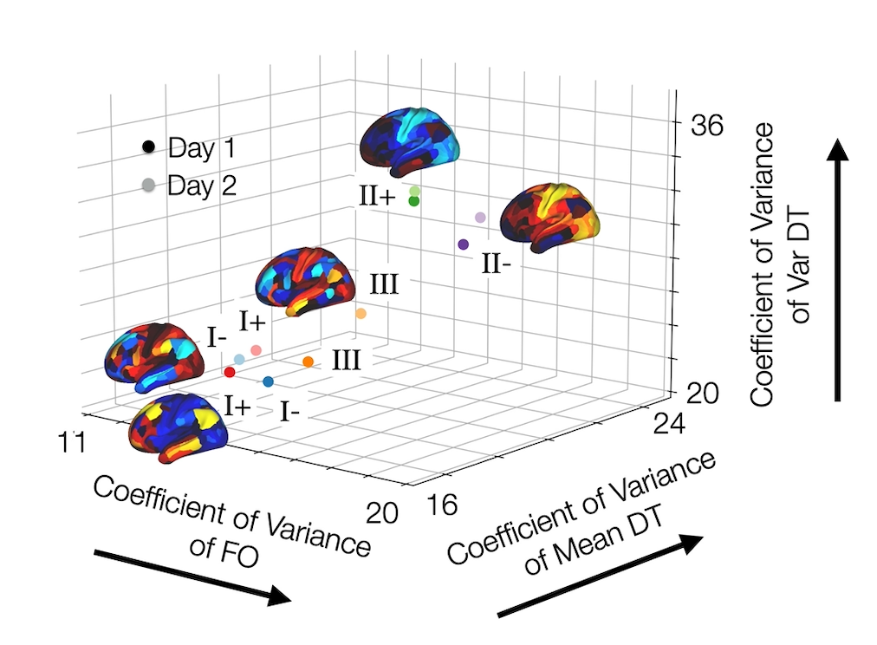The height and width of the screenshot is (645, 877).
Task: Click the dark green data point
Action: pyautogui.click(x=413, y=201)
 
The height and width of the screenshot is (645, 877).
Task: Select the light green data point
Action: pyautogui.click(x=415, y=191)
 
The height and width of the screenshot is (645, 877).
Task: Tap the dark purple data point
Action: pyautogui.click(x=463, y=244)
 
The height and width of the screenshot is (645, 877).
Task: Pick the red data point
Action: pyautogui.click(x=230, y=372)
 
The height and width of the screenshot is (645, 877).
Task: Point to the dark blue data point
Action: pyautogui.click(x=268, y=381)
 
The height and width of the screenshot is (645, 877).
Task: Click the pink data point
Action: pyautogui.click(x=257, y=350)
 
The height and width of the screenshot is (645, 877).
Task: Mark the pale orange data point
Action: pyautogui.click(x=361, y=313)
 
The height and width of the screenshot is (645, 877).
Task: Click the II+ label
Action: pyautogui.click(x=377, y=197)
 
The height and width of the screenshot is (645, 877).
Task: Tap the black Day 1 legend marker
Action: pyautogui.click(x=149, y=148)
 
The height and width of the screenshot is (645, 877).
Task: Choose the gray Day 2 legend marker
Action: pyautogui.click(x=149, y=185)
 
